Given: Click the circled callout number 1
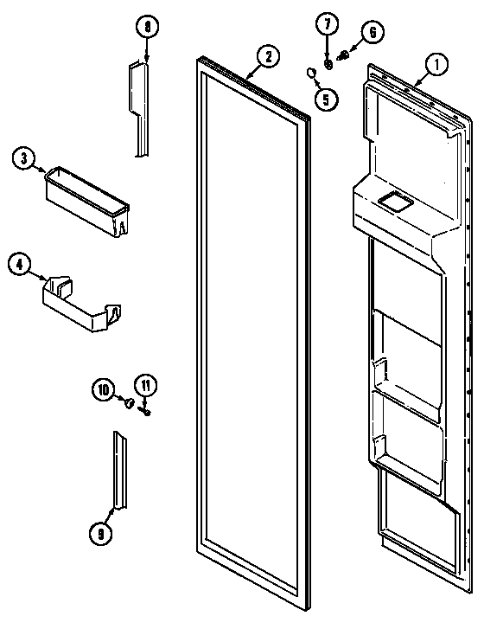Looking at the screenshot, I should pyautogui.click(x=436, y=62).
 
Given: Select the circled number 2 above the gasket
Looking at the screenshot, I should pyautogui.click(x=268, y=57).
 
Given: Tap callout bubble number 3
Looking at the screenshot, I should pyautogui.click(x=24, y=157).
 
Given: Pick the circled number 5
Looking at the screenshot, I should pyautogui.click(x=325, y=99).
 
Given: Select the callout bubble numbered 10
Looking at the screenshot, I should pyautogui.click(x=104, y=392).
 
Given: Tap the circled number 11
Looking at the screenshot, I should pyautogui.click(x=145, y=385).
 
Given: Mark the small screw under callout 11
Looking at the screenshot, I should pyautogui.click(x=146, y=411).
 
